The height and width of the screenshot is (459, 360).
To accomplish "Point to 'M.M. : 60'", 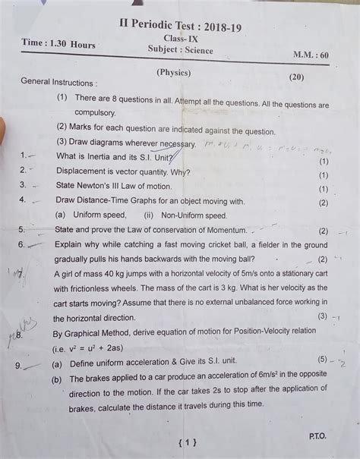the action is point(311,56).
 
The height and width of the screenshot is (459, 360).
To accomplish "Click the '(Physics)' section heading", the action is point(175,73).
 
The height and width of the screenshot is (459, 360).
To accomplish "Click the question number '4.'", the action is point(24,200).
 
